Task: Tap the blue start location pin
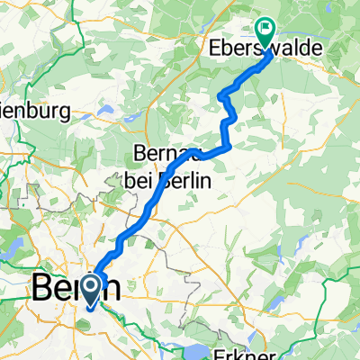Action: [x=92, y=290]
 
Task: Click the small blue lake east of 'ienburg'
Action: [x=104, y=114]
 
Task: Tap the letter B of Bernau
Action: [x=140, y=153]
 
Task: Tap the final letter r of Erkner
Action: [x=270, y=353]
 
